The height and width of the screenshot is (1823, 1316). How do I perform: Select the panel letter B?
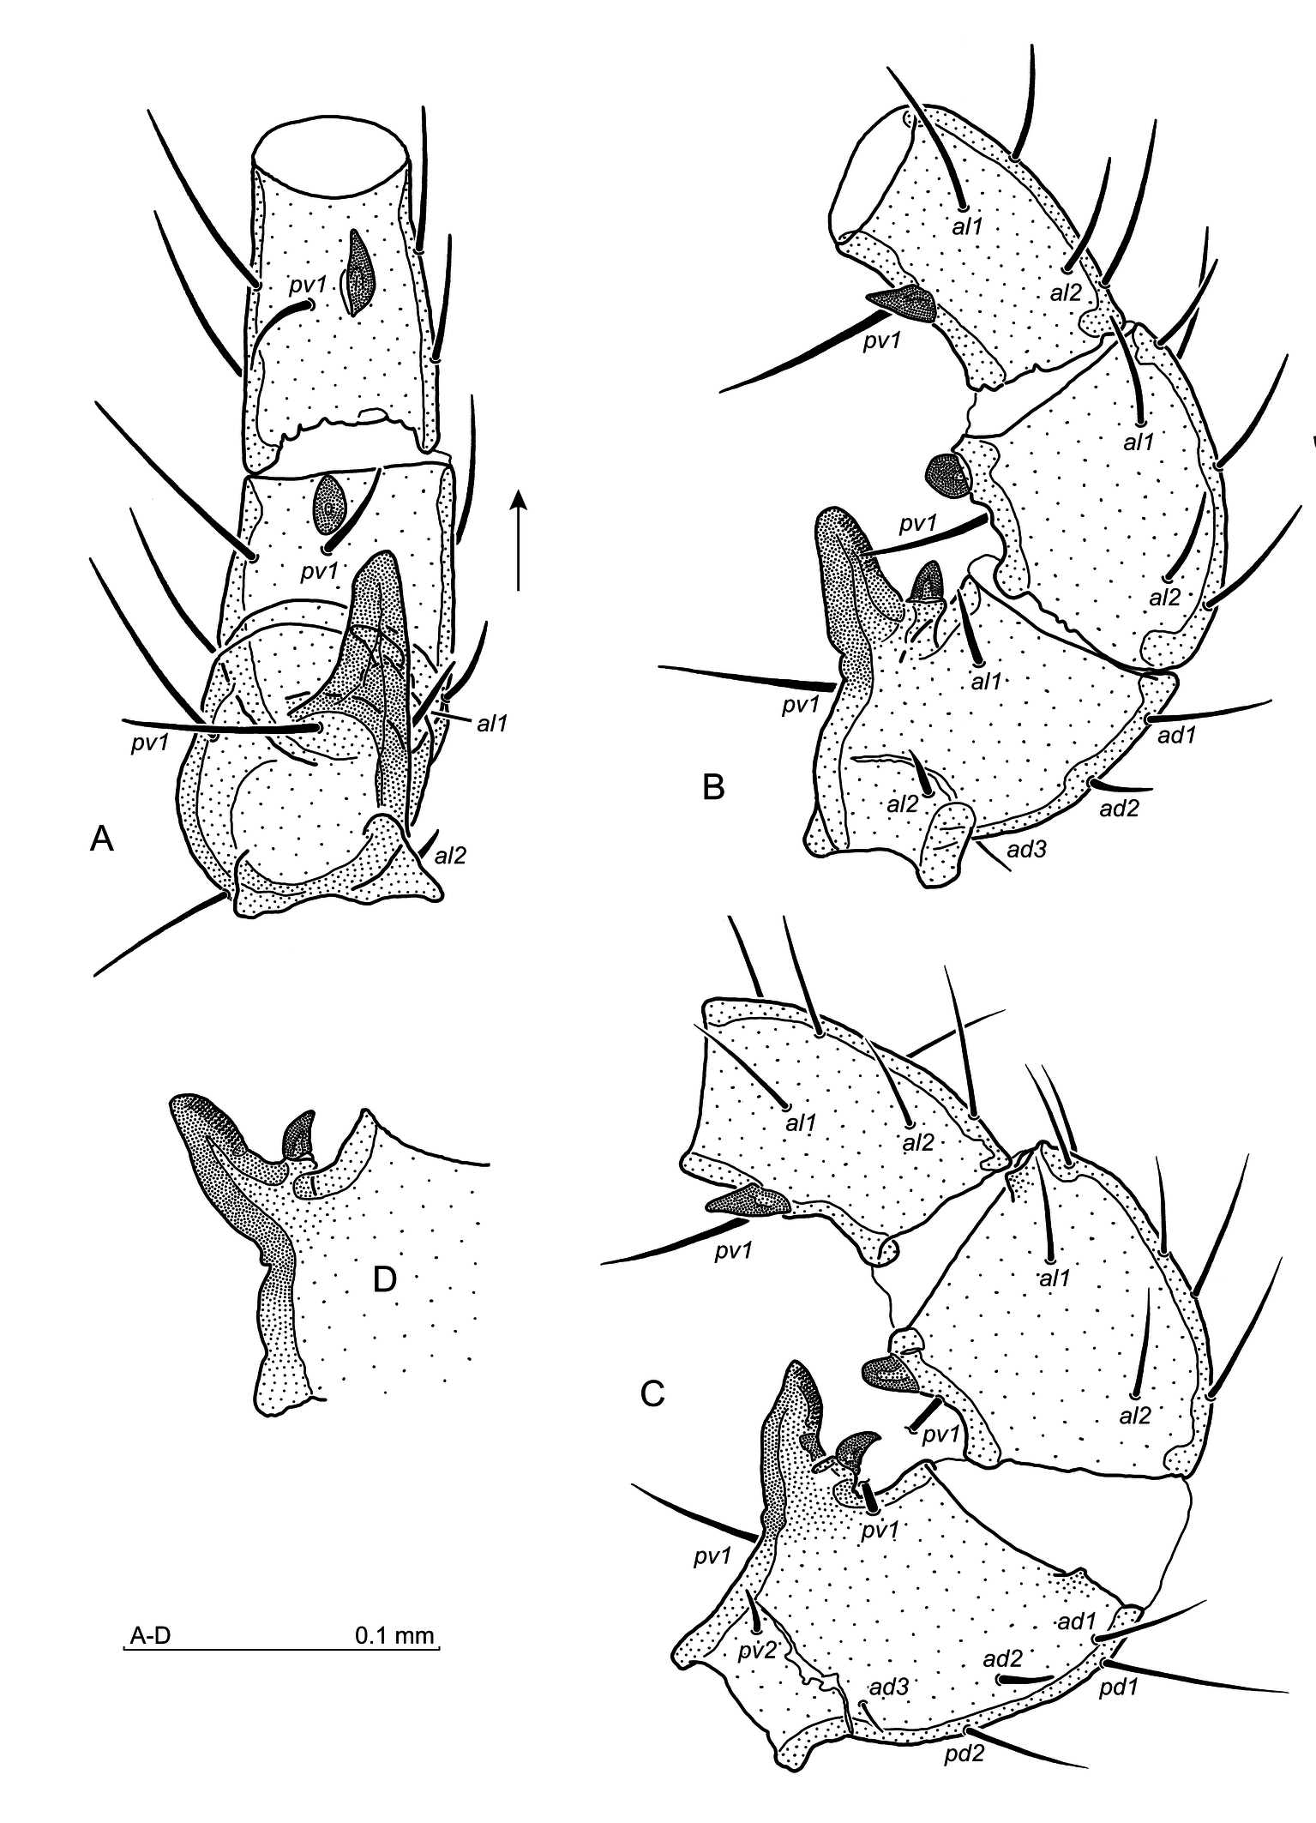(713, 786)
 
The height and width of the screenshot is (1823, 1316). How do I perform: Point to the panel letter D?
(385, 1280)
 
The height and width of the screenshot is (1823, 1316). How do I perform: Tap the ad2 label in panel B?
(1121, 807)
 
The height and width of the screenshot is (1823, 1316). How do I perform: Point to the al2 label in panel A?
(450, 854)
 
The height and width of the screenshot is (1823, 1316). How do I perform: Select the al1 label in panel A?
(493, 723)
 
